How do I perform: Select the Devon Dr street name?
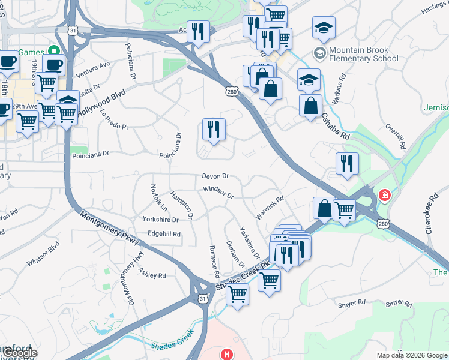point(215,176)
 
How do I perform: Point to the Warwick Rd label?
point(270,207)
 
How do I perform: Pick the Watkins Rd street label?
point(340,89)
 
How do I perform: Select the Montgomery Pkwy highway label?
point(109,229)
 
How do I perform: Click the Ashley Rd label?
point(152,273)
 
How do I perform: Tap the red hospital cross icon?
point(384,196)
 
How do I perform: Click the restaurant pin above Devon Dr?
point(214,128)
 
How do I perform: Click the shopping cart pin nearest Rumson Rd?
point(238,293)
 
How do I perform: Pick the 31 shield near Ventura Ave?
point(73,29)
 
